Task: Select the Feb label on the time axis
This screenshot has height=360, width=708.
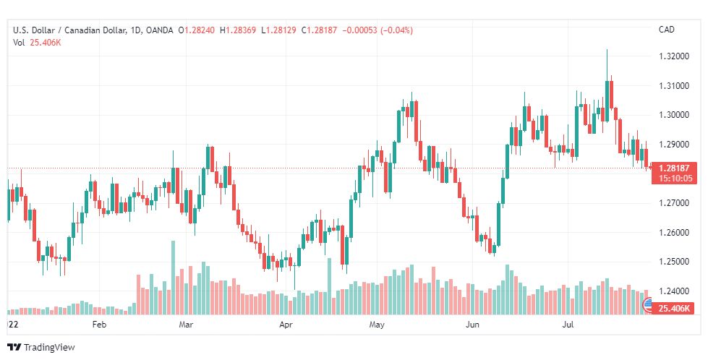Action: [100, 325]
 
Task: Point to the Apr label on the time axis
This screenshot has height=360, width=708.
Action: [286, 325]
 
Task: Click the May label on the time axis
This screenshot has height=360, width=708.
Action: [376, 325]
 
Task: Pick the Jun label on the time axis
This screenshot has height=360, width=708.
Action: [473, 325]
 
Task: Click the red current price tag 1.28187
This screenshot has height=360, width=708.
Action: [673, 168]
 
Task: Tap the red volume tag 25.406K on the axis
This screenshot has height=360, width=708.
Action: [673, 309]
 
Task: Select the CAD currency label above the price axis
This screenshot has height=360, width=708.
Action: [666, 30]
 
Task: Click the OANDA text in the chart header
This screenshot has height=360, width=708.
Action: [159, 30]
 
